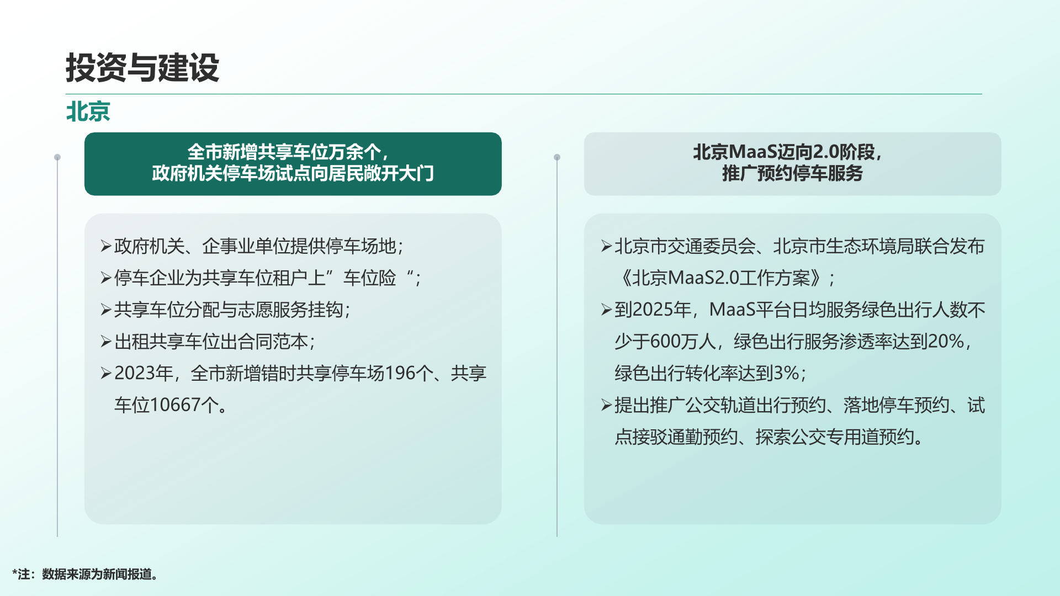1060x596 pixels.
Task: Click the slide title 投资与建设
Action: click(x=142, y=68)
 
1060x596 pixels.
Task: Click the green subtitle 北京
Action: click(x=88, y=111)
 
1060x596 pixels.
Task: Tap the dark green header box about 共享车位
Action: click(x=293, y=164)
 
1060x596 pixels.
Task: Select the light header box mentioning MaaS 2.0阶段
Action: click(x=792, y=164)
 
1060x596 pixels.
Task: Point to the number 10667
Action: click(x=175, y=405)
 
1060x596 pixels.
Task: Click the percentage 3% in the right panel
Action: click(x=786, y=374)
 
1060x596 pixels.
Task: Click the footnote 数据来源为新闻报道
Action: click(x=97, y=574)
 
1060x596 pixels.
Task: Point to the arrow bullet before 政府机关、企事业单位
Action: click(x=106, y=246)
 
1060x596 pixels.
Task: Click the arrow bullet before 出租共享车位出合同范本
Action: click(x=106, y=342)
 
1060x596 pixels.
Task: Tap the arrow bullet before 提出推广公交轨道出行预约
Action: click(x=606, y=406)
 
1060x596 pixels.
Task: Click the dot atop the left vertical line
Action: click(x=57, y=157)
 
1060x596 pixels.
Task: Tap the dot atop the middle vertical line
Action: click(x=557, y=157)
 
